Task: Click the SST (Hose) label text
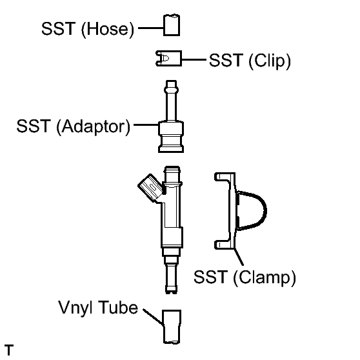pyautogui.click(x=88, y=29)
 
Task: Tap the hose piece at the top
pyautogui.click(x=172, y=25)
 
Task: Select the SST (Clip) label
pyautogui.click(x=250, y=61)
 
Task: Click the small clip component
pyautogui.click(x=169, y=59)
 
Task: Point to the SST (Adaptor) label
pyautogui.click(x=74, y=126)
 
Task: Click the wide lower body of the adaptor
pyautogui.click(x=171, y=136)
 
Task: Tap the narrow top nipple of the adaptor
pyautogui.click(x=172, y=101)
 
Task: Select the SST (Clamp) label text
pyautogui.click(x=245, y=277)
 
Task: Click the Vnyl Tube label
pyautogui.click(x=98, y=308)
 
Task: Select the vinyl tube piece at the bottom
pyautogui.click(x=172, y=326)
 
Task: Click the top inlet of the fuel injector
pyautogui.click(x=172, y=174)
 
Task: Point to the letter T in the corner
pyautogui.click(x=9, y=350)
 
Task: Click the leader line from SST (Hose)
pyautogui.click(x=151, y=28)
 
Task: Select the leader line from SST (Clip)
pyautogui.click(x=194, y=60)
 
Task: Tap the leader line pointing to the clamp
pyautogui.click(x=239, y=257)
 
